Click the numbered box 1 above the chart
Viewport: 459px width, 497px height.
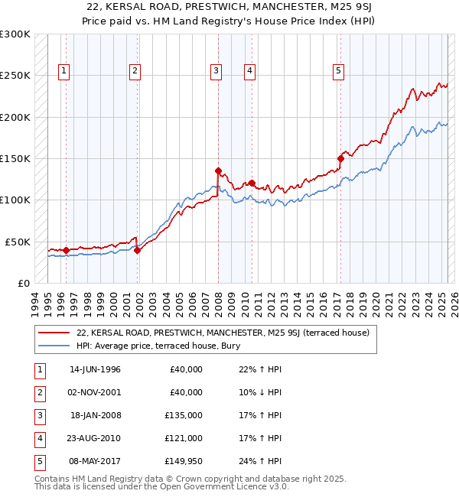coord(63,71)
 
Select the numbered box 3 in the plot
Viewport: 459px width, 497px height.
coord(216,71)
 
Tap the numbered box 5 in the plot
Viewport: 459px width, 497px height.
coord(338,71)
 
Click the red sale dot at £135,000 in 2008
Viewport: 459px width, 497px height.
coord(218,171)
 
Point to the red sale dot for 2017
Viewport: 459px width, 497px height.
coord(340,158)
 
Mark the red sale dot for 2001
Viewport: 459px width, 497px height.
coord(138,249)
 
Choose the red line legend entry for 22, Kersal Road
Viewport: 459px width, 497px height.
coord(223,333)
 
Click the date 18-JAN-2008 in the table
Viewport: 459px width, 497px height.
coord(95,415)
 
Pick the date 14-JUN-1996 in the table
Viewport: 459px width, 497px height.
coord(95,369)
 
